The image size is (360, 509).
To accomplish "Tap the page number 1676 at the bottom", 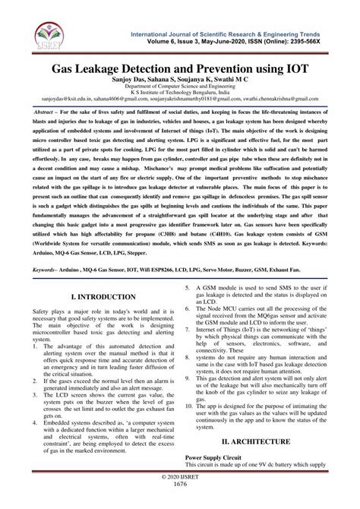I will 180,503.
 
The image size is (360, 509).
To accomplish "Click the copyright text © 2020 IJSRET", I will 180,495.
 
